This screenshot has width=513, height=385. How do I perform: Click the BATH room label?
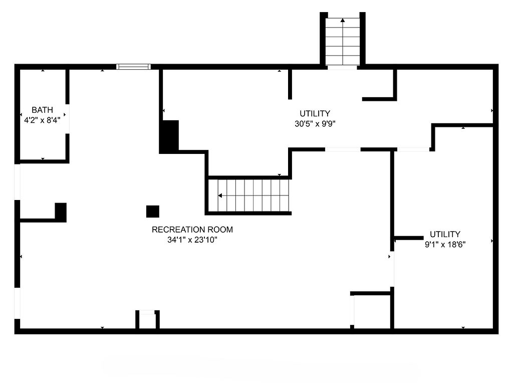pyautogui.click(x=42, y=110)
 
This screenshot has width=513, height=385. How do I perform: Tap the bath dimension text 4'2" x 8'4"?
pyautogui.click(x=42, y=120)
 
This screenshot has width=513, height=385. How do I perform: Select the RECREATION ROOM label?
pyautogui.click(x=192, y=230)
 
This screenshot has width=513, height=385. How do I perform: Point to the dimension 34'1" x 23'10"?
pyautogui.click(x=192, y=240)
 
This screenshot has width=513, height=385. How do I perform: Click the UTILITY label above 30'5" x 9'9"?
pyautogui.click(x=315, y=114)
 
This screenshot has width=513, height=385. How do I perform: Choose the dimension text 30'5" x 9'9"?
pyautogui.click(x=315, y=124)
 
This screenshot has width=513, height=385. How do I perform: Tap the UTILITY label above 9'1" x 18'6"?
pyautogui.click(x=445, y=234)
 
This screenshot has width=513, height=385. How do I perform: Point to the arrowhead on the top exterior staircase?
pyautogui.click(x=343, y=21)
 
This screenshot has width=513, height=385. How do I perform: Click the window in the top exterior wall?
pyautogui.click(x=133, y=66)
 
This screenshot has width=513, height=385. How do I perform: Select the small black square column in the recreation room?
pyautogui.click(x=152, y=212)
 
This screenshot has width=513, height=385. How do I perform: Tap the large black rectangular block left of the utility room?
pyautogui.click(x=170, y=136)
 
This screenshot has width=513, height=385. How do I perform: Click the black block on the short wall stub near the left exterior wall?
pyautogui.click(x=61, y=212)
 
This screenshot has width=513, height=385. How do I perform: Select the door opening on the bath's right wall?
pyautogui.click(x=67, y=119)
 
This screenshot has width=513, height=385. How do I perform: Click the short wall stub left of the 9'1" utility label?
pyautogui.click(x=409, y=238)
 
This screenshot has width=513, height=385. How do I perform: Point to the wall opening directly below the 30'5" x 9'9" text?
pyautogui.click(x=343, y=149)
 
